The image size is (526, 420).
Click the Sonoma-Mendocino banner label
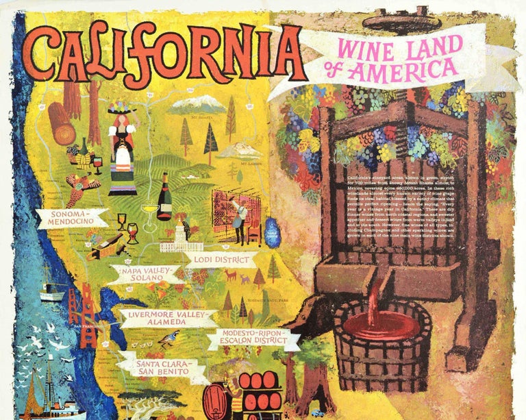click(x=79, y=219)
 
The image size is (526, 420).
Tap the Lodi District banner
click(x=221, y=260)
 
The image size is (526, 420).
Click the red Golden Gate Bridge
click(x=84, y=314)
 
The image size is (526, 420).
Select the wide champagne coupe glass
click(x=149, y=208)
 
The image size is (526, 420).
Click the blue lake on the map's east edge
click(x=272, y=233)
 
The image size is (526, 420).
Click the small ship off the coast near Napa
click(x=51, y=291)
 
